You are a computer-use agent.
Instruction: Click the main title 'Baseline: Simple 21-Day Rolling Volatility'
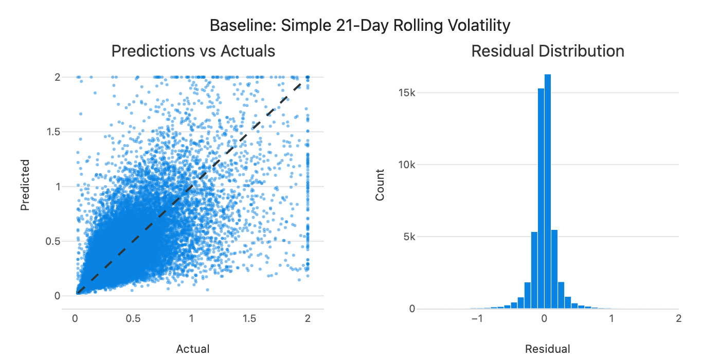point(360,25)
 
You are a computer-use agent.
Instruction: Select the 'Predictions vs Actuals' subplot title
point(193,51)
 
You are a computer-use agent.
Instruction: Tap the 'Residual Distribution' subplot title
point(548,51)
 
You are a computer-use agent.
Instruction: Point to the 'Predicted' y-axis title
point(25,185)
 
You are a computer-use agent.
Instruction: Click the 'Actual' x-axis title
point(193,349)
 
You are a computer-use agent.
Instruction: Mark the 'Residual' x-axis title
point(548,349)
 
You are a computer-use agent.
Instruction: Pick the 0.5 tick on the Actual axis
point(133,319)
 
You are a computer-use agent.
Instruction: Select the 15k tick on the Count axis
point(408,93)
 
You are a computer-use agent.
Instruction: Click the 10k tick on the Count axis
point(408,165)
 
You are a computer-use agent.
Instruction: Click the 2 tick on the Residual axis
point(679,319)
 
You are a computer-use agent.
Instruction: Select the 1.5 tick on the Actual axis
point(249,319)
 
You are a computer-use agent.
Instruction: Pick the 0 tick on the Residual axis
point(544,319)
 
